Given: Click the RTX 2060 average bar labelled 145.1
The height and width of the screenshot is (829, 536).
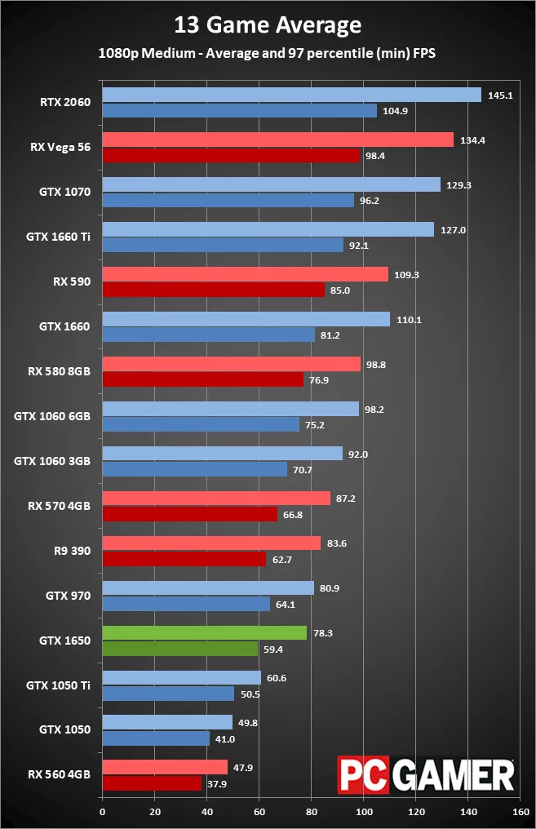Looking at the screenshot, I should coord(291,95).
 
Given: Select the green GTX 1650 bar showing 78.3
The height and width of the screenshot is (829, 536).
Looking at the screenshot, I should coord(204,633).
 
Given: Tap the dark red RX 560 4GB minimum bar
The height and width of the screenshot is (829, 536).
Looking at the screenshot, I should coord(152,782).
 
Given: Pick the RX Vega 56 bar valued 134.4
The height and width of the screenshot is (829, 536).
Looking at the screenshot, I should coord(277,140).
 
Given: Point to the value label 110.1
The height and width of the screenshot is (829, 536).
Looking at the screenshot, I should coord(409,320).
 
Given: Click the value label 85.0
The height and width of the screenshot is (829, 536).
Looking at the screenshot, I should coord(343,290).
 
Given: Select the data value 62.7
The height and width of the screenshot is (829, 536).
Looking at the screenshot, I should coord(284,559).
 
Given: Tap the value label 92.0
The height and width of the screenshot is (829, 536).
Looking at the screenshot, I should coord(359,454).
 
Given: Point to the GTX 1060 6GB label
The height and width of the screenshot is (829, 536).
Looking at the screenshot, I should coord(52,416).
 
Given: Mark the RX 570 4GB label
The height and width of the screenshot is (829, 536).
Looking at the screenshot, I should coord(58,506).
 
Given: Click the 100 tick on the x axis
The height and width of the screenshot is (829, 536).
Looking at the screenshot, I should coord(364,812).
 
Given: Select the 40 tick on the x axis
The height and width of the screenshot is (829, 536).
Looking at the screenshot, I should coord(206,812).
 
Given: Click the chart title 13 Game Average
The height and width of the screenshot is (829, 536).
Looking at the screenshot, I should coord(268,25).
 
